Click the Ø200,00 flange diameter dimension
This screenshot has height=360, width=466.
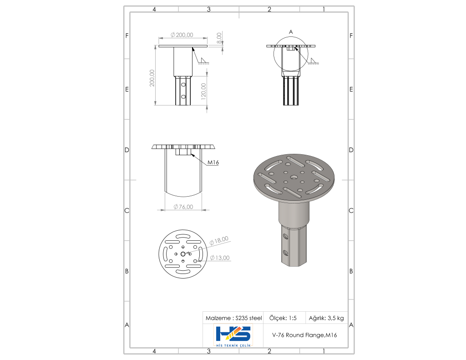coord(182,35)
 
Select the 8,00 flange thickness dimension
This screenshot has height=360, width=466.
coord(219,38)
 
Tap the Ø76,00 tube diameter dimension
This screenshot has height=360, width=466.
coord(183,207)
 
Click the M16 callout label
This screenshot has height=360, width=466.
coord(213,162)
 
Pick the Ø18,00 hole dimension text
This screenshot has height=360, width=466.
coord(219,240)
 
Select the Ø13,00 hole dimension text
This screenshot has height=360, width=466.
coord(220,258)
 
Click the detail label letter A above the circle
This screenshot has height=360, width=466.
coord(291,32)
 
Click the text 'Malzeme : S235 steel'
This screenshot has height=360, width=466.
coord(233,318)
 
